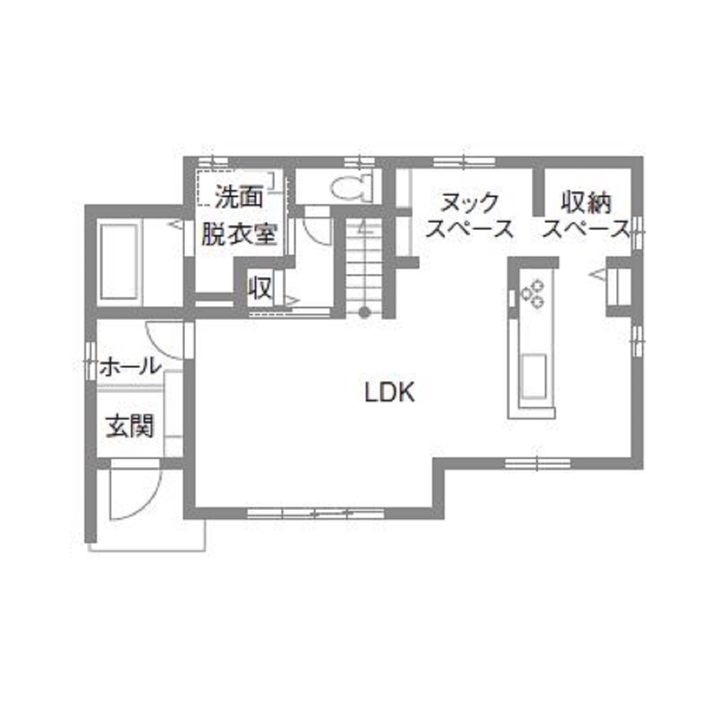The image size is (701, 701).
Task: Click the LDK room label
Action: pos(390,391)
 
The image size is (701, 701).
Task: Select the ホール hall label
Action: pos(129,366)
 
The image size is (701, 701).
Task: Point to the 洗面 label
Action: pos(239,198)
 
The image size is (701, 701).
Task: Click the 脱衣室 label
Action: pos(238,235)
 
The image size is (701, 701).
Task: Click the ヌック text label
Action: pos(470,201)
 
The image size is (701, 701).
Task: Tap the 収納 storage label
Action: pos(586,201)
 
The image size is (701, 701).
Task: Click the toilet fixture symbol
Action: pos(351,188)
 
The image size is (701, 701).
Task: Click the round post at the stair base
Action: pos(364,313)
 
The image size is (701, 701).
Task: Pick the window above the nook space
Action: pos(465,161)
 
